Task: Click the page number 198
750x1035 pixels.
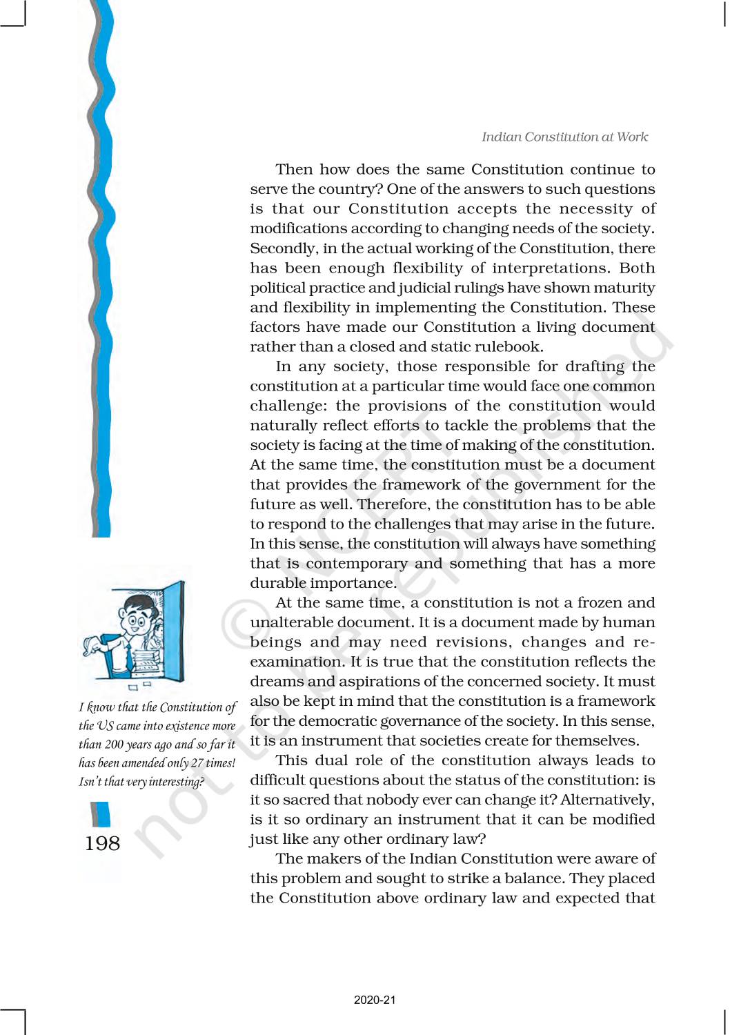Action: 102,843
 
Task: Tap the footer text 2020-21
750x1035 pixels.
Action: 375,1000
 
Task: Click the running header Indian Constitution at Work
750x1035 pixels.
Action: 564,137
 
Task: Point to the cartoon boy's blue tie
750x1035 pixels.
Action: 129,656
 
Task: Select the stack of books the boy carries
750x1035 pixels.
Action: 146,662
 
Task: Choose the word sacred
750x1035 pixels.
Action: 341,800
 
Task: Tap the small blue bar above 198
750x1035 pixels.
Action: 101,814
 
